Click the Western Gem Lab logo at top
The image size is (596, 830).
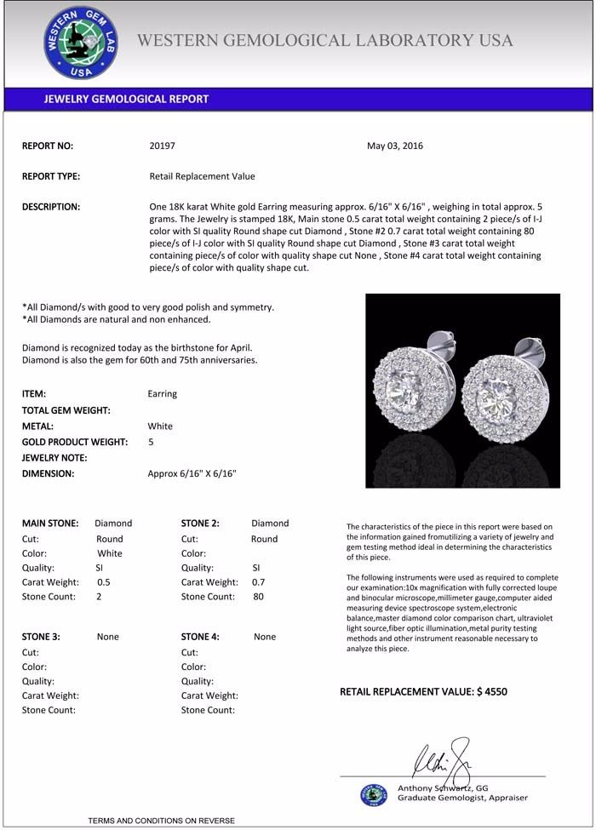point(81,43)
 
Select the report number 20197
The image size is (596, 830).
point(162,146)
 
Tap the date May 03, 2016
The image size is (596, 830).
point(395,146)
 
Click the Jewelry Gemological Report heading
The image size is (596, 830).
point(126,99)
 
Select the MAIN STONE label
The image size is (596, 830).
point(50,524)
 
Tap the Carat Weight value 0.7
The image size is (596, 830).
point(259,582)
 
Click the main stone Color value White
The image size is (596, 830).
point(111,553)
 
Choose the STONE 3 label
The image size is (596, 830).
point(41,637)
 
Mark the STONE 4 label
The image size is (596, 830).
point(200,637)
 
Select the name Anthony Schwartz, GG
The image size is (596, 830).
point(443,788)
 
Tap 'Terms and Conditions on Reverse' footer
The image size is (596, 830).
point(161,821)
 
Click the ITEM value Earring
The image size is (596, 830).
point(163,394)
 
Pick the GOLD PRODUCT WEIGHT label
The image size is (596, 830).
point(75,442)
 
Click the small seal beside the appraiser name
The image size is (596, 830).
point(373,794)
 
